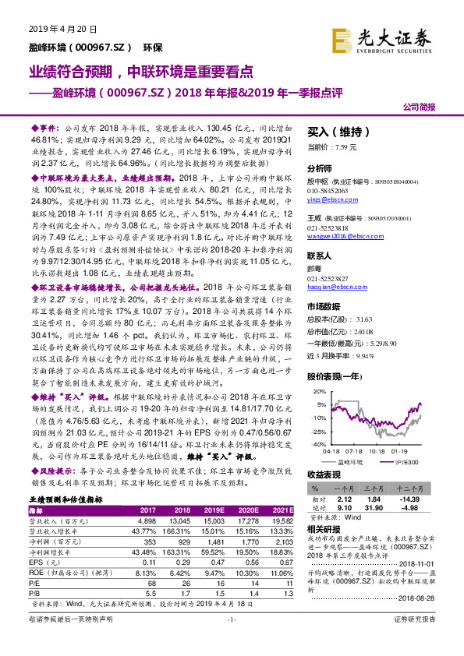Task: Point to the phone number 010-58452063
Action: coord(331,189)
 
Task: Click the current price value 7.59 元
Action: coord(344,146)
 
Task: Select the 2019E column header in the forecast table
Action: coord(215,509)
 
